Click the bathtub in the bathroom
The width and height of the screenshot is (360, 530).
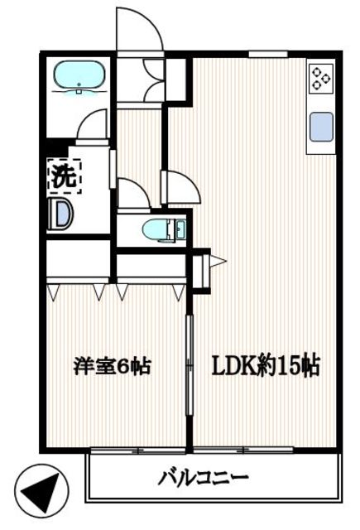pos(79,77)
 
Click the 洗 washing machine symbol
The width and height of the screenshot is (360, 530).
pos(63,176)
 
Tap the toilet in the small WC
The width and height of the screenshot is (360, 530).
pos(157,229)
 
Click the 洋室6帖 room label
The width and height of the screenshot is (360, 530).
pos(112,365)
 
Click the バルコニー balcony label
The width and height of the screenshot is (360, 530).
pos(204,477)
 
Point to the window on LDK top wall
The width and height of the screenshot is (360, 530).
pos(262,55)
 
